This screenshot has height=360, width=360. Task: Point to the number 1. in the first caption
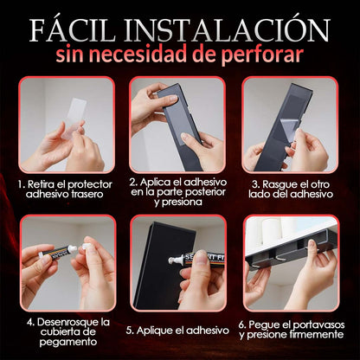22,184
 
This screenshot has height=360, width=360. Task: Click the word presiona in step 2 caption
178,202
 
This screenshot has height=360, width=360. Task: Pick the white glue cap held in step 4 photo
87,246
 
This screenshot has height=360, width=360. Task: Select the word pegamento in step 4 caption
68,342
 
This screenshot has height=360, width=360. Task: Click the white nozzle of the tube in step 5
174,260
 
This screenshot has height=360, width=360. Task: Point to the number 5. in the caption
130,331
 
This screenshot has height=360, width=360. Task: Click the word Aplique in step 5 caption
154,331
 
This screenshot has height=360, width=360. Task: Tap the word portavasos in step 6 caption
318,325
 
